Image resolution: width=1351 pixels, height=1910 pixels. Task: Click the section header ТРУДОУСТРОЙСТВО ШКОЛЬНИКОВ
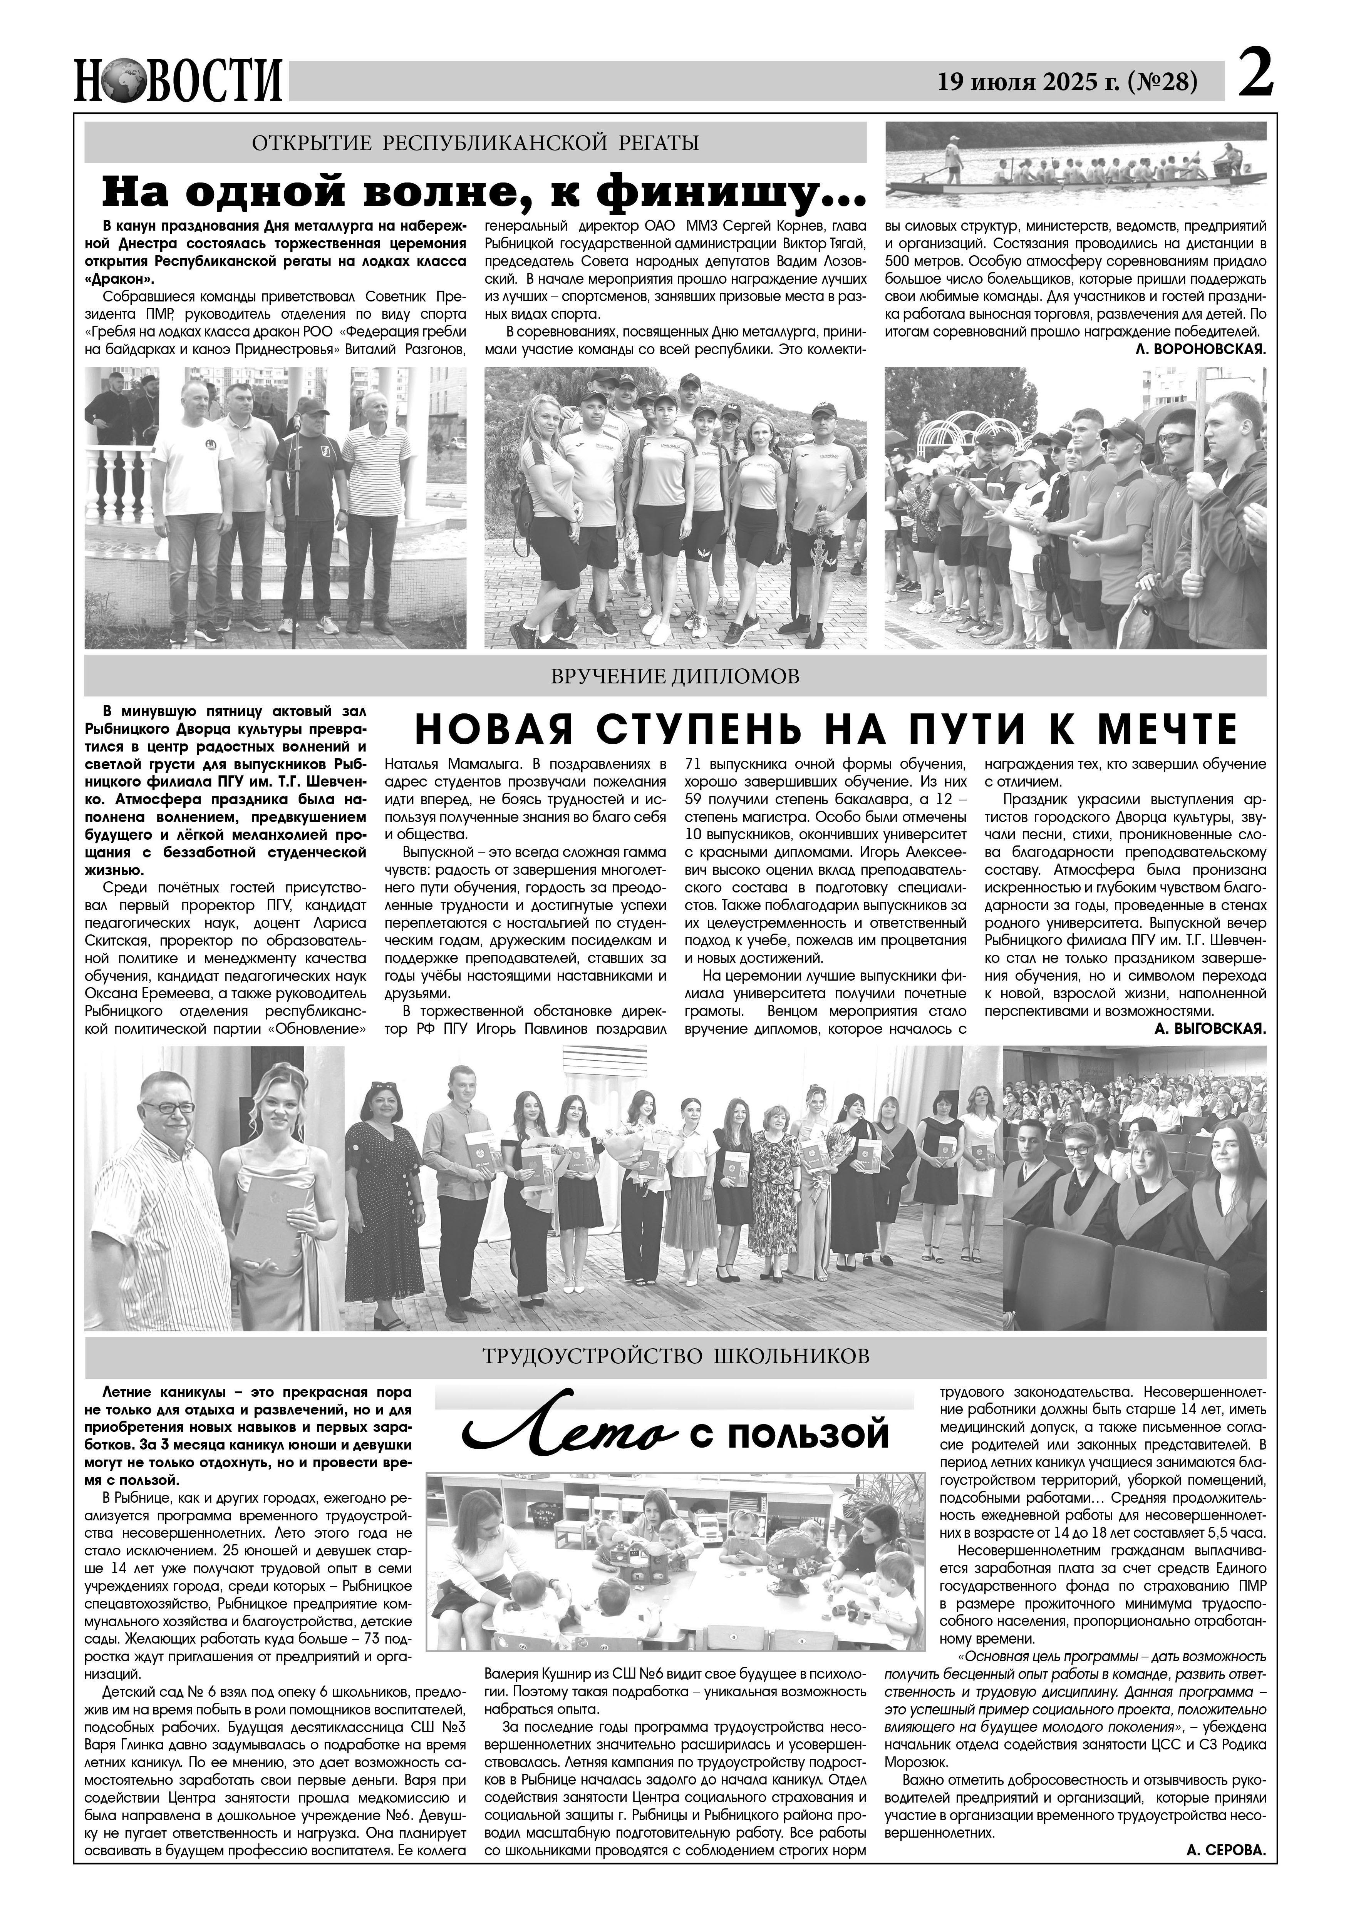675,1356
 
